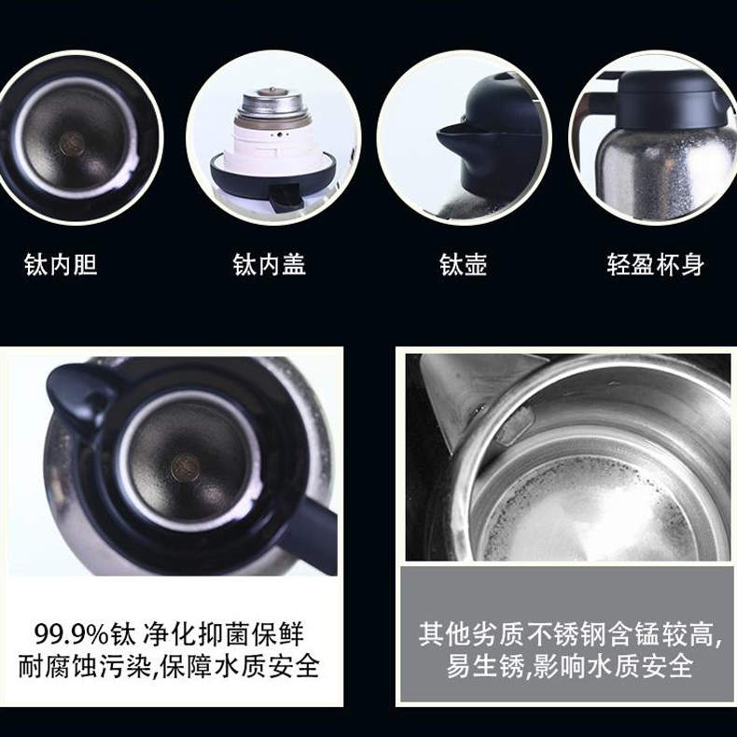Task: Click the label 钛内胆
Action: [x=61, y=265]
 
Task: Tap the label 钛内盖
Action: [x=270, y=265]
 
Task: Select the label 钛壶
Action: [x=463, y=265]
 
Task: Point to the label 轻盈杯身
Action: [x=655, y=265]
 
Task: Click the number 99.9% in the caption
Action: [x=71, y=634]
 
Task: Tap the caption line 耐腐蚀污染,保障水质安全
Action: [x=169, y=666]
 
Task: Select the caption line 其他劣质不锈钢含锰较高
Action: [x=570, y=634]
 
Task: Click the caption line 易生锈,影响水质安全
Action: [x=570, y=666]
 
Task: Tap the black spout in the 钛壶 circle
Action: [x=458, y=141]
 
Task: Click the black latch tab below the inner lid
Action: [x=285, y=196]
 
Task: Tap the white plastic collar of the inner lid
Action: [x=274, y=144]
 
